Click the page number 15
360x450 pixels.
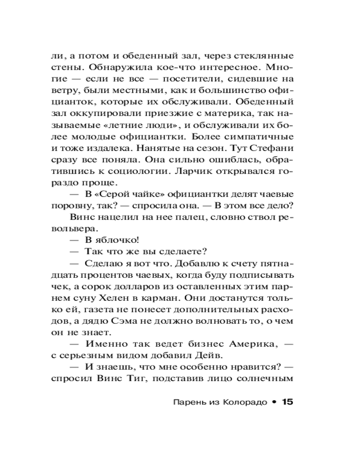point(287,402)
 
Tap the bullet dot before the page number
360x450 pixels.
point(274,402)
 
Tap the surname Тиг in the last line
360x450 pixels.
point(142,378)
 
